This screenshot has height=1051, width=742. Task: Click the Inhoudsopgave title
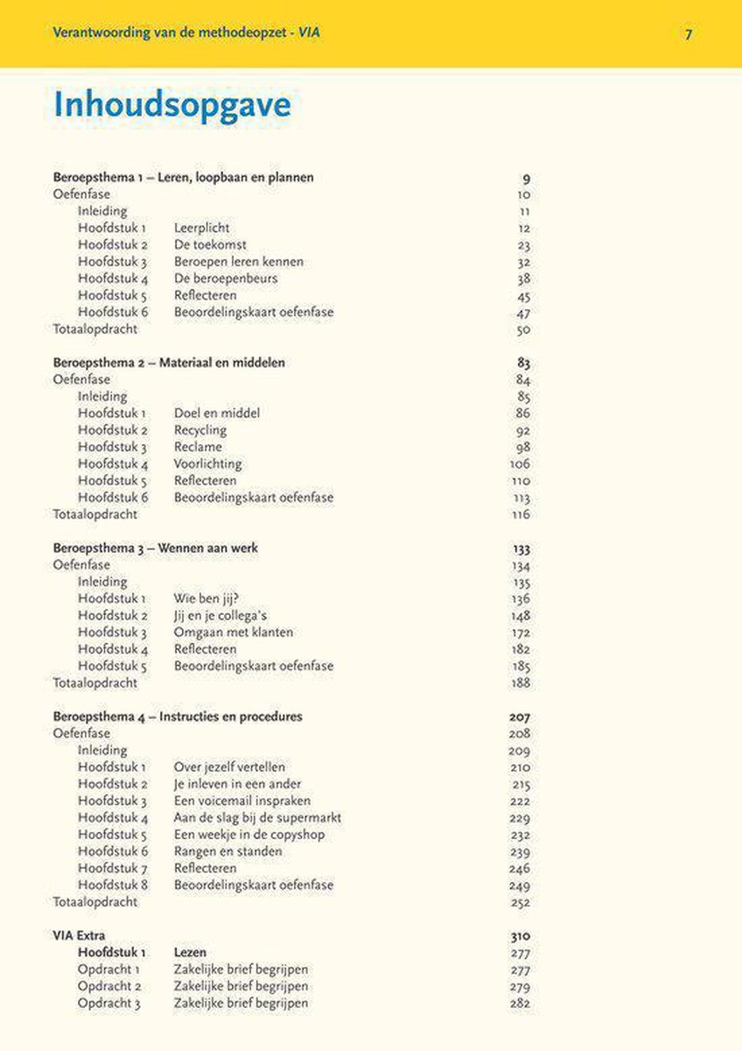(171, 107)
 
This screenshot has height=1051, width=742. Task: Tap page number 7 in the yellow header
(689, 34)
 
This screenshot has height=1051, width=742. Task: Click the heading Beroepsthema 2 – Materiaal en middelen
(169, 363)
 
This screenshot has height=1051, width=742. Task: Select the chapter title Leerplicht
(201, 229)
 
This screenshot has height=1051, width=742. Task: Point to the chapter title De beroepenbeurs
(225, 279)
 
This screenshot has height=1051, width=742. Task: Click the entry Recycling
(199, 430)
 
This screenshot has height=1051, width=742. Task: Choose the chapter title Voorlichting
(207, 464)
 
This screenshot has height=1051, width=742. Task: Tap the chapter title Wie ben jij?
(206, 599)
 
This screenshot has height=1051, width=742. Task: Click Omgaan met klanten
(233, 632)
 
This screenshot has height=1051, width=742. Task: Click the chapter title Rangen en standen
(227, 851)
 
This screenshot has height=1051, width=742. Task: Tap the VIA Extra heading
(79, 935)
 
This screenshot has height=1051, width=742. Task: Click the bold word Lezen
(190, 952)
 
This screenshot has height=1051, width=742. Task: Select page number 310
(520, 935)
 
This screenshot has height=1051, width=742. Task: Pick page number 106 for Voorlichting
(520, 464)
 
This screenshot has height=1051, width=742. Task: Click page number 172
(520, 632)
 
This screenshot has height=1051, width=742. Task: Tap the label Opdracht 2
(108, 986)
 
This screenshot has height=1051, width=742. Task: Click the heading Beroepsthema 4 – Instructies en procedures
(178, 716)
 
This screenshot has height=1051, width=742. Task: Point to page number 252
(520, 902)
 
